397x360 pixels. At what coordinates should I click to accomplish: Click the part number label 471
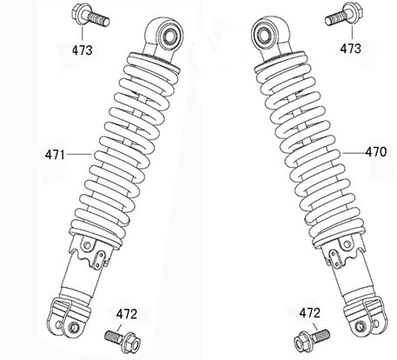pos(55,155)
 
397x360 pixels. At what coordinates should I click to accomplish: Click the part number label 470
pos(376,152)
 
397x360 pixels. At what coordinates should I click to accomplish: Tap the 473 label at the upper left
pos(83,50)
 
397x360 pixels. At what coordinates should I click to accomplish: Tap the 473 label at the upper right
pos(351,49)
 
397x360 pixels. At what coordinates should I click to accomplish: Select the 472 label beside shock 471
pos(127,314)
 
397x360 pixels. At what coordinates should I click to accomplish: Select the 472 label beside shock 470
pos(310,313)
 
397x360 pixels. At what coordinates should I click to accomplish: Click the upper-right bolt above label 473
pos(344,14)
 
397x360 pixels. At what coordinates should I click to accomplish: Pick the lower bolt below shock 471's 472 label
pos(122,341)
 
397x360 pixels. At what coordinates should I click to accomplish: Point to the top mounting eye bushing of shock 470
pos(265,34)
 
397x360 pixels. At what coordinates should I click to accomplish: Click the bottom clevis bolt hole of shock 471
pos(74,328)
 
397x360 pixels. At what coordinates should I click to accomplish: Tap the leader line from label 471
pos(80,155)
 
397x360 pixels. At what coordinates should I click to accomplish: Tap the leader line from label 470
pos(353,152)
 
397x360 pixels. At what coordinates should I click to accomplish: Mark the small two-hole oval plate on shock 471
pos(99,259)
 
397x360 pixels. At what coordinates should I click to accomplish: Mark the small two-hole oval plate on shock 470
pos(335,257)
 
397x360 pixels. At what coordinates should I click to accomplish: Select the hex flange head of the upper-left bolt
pos(78,13)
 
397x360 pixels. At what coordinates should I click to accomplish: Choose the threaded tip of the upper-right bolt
pos(328,21)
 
